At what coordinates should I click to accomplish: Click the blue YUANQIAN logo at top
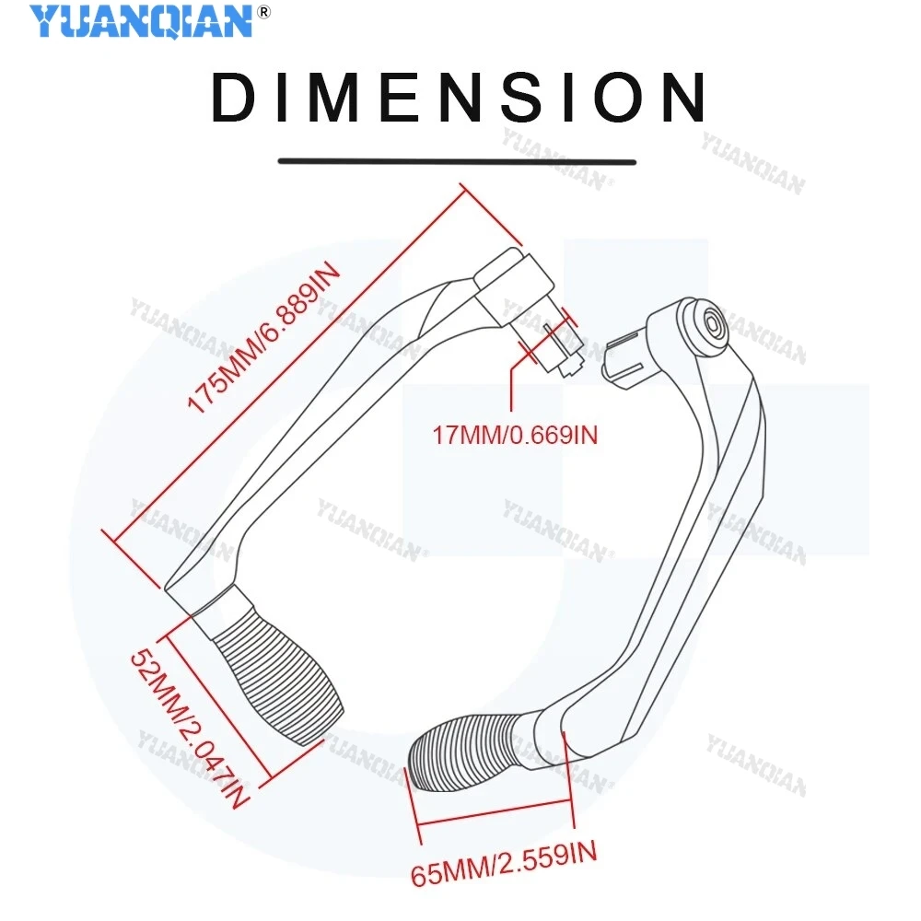[x=141, y=22]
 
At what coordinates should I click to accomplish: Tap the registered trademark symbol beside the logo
[x=264, y=12]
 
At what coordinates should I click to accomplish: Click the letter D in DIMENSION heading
[x=235, y=97]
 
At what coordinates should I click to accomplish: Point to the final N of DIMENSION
[x=682, y=97]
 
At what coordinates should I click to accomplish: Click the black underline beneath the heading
[x=457, y=161]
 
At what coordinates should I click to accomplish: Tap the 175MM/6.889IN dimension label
[x=263, y=338]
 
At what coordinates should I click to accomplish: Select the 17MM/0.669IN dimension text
[x=515, y=436]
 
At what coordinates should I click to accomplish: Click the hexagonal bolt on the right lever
[x=713, y=325]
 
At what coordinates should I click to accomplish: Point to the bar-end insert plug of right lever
[x=624, y=359]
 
